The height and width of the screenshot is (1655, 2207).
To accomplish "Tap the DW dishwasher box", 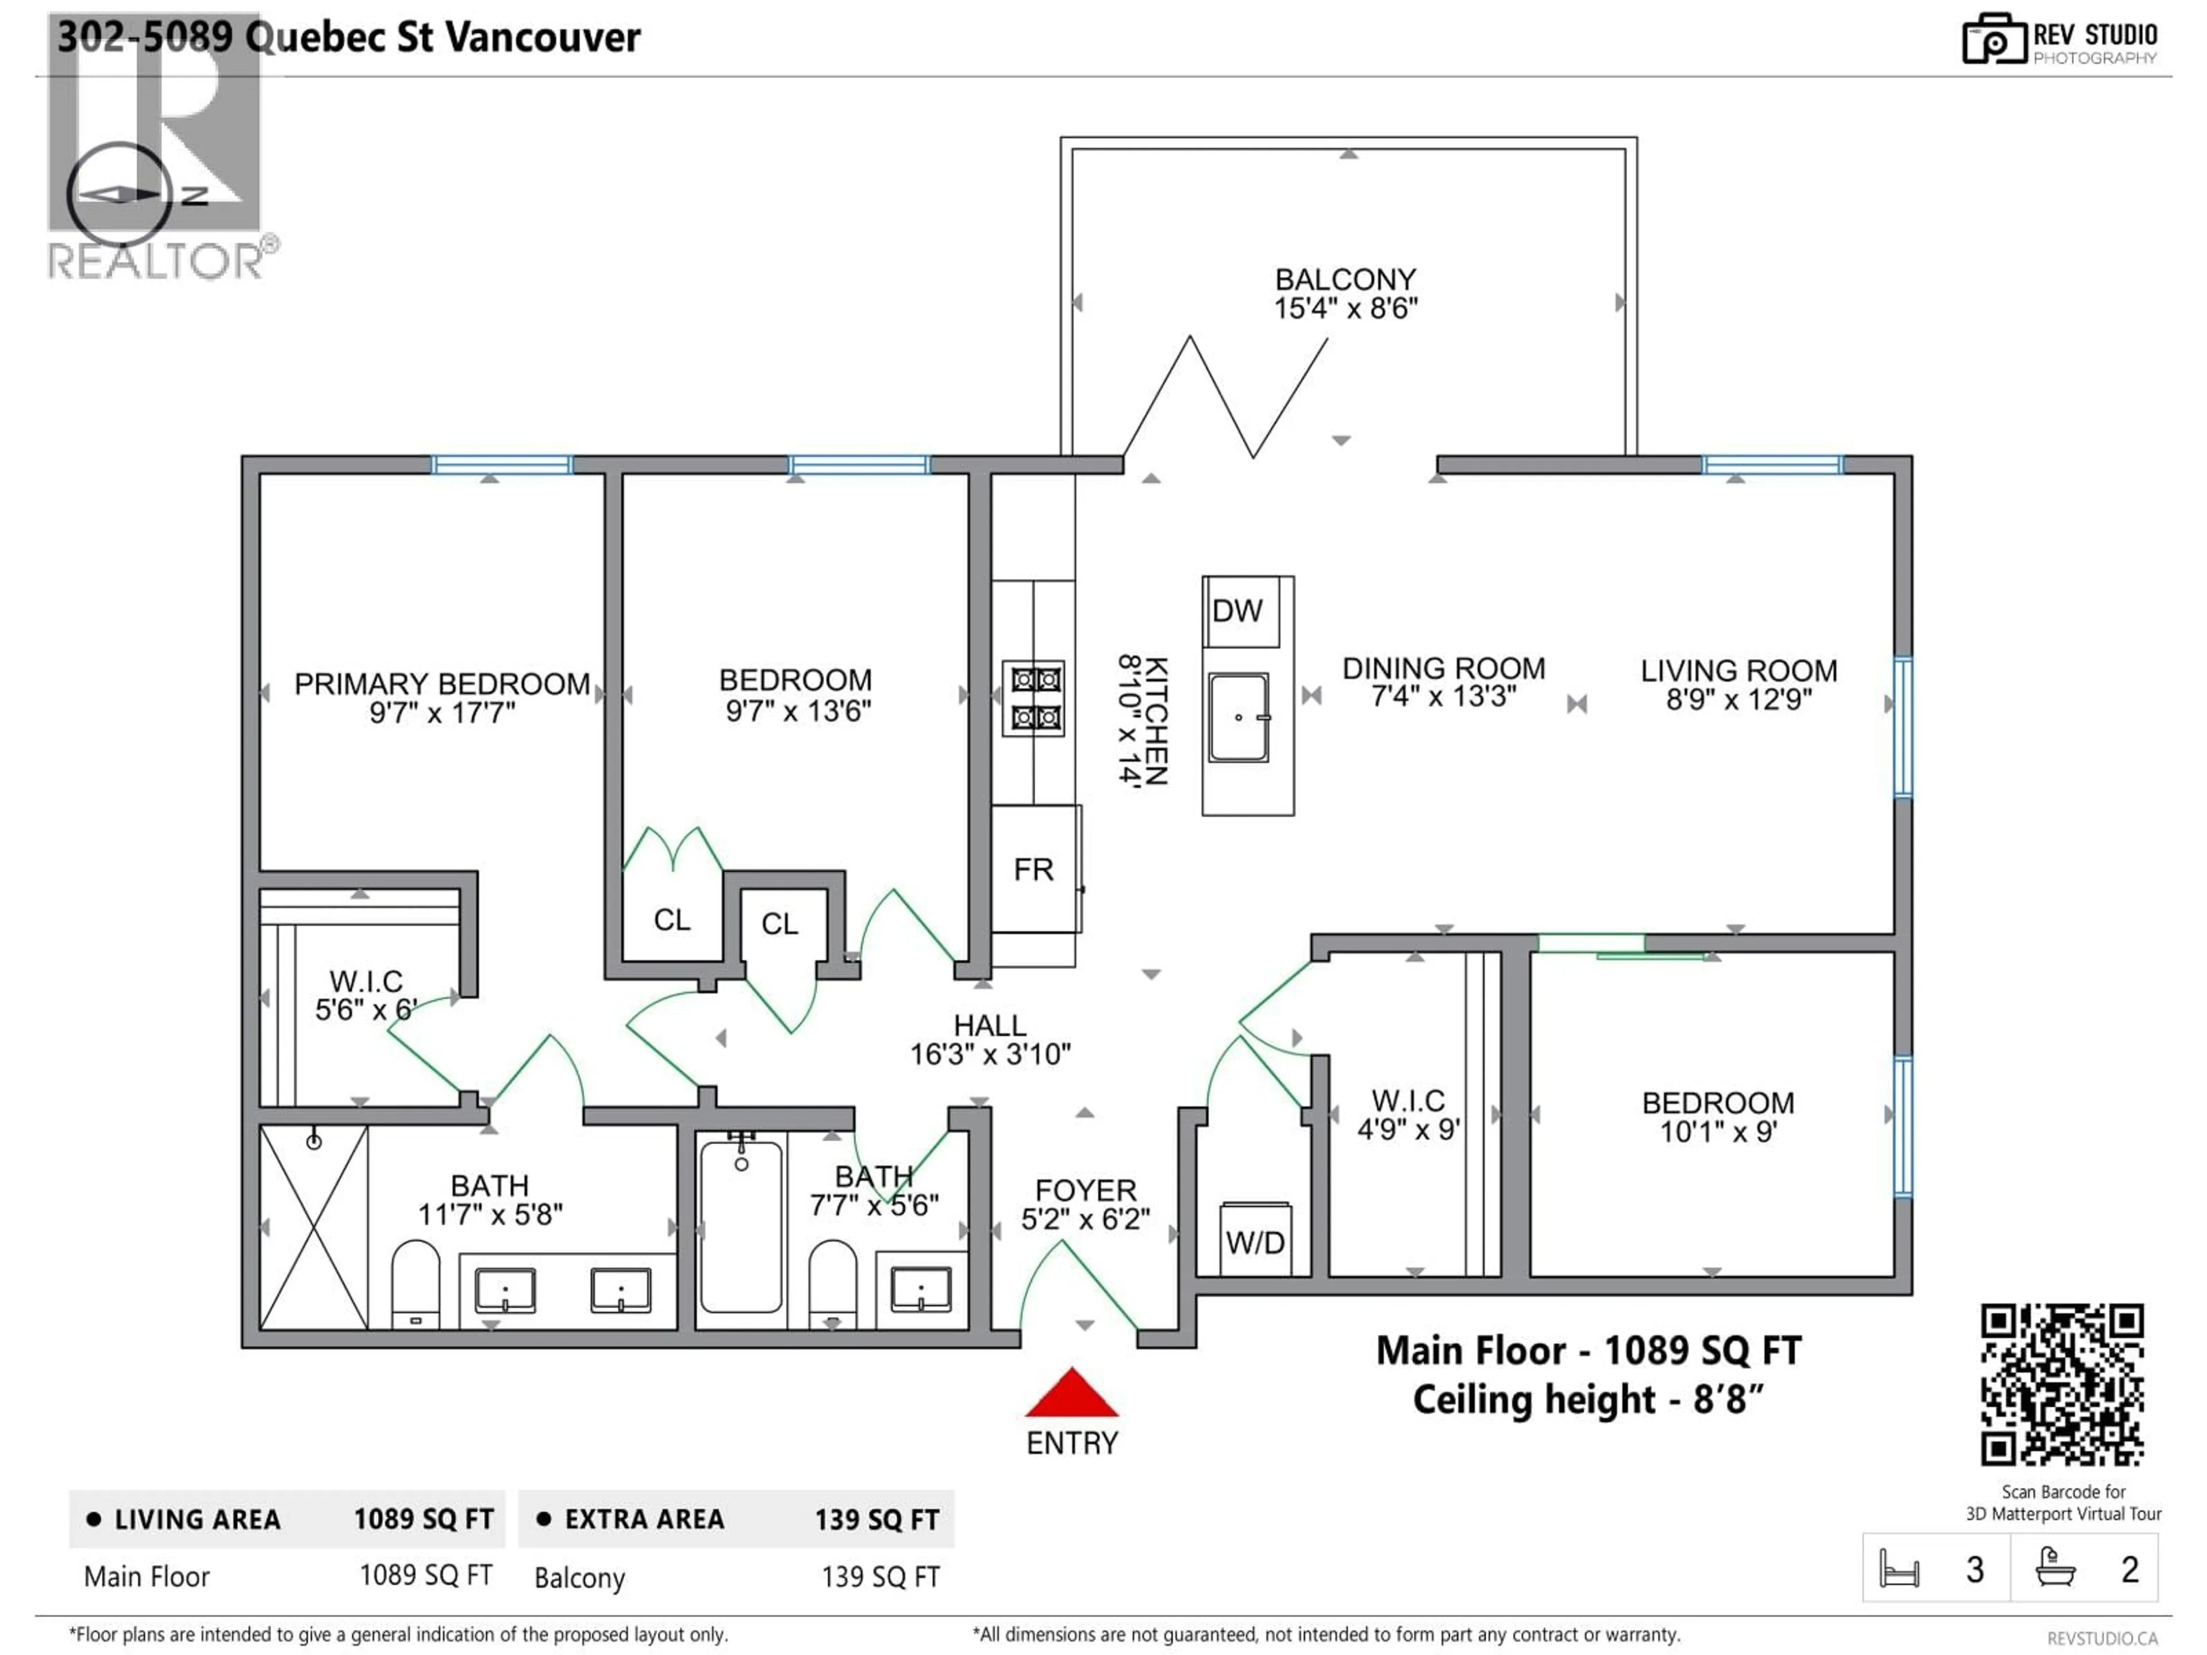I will coord(1237,610).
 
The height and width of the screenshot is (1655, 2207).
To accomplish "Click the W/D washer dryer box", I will coord(1255,1242).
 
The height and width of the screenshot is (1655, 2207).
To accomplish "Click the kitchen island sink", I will coord(1238,717).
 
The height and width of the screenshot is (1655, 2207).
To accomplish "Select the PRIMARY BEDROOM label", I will coord(442,684).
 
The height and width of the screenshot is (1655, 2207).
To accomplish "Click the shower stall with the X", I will coord(313,1229).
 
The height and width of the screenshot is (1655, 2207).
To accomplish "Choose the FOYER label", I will coord(1086,1190).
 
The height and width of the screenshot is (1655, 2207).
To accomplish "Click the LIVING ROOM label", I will coord(1738,671).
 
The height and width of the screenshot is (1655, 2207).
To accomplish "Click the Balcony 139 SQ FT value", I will coord(880,1577).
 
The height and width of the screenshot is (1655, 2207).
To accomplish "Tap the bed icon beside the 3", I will coord(1899,1569).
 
